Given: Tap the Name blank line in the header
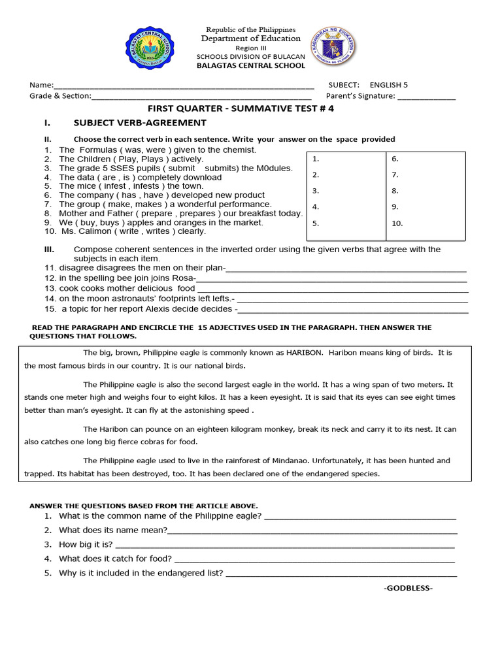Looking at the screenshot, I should pos(183,86).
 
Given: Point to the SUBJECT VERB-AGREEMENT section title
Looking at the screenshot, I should pos(140,123).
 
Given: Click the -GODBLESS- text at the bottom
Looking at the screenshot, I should pos(408,588).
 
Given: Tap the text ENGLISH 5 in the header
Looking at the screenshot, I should pos(388,85).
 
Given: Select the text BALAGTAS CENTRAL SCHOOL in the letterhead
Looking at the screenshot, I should pos(251,65).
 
